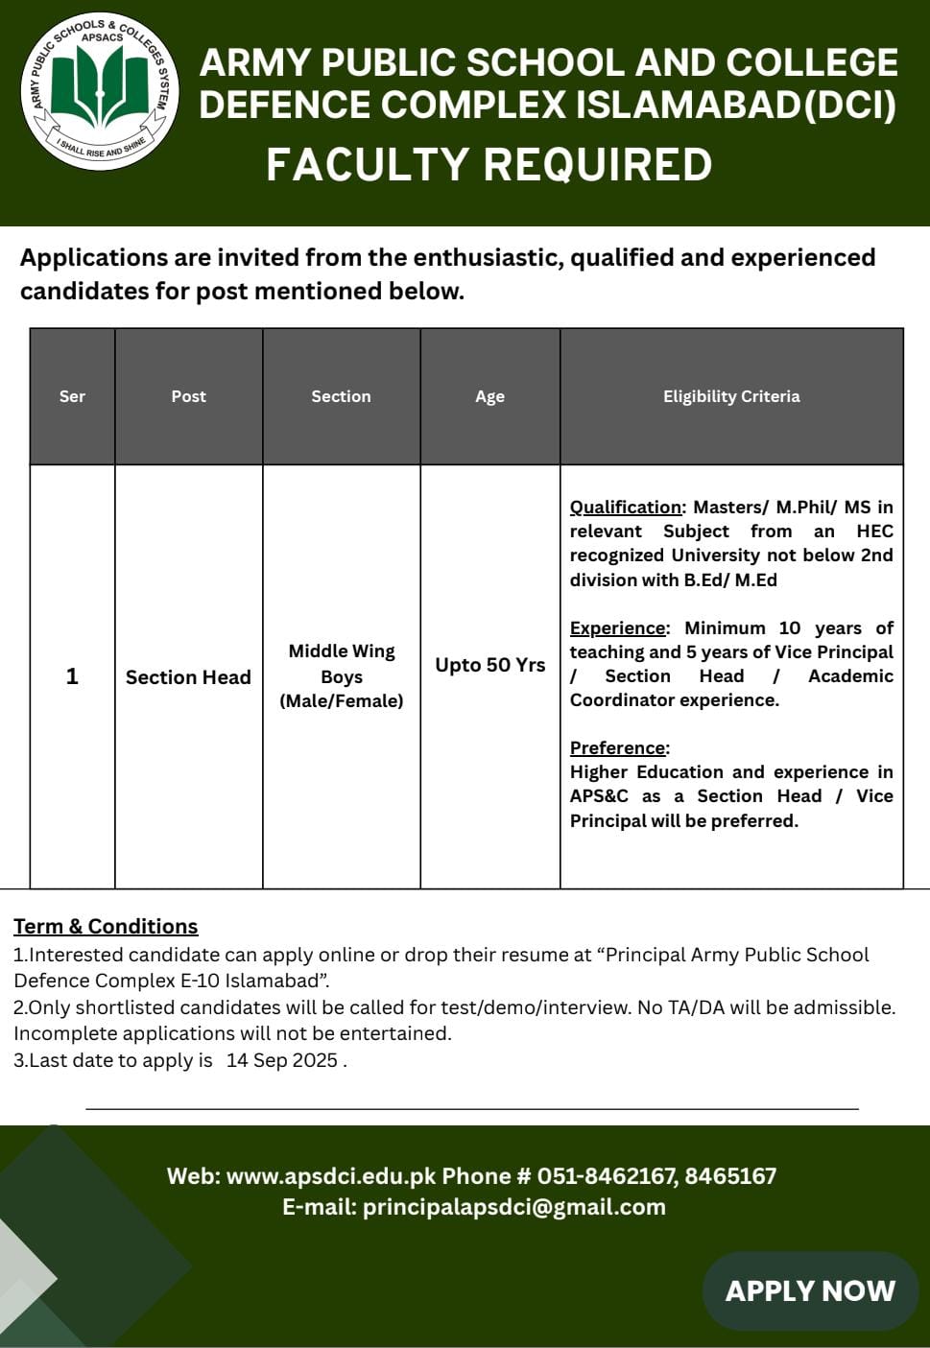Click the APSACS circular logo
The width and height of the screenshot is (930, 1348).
point(100,91)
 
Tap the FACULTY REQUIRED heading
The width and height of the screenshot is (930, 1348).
point(489,164)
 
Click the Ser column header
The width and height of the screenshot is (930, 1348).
point(72,396)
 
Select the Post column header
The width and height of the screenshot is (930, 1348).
point(188,396)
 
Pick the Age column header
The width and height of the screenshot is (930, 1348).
point(489,396)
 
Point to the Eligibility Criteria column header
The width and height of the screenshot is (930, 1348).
point(730,396)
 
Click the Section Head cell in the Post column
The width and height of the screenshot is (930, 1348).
point(188,677)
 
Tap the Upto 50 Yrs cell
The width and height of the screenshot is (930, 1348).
point(489,665)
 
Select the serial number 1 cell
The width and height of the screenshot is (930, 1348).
point(72,676)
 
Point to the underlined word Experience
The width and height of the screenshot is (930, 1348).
point(617,627)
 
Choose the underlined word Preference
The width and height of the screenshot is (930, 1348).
point(618,747)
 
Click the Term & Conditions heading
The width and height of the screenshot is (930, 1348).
point(106,926)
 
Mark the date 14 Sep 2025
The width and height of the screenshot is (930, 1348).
point(282,1060)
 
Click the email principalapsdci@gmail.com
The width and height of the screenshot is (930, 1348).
point(513,1207)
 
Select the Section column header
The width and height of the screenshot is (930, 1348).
point(341,396)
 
